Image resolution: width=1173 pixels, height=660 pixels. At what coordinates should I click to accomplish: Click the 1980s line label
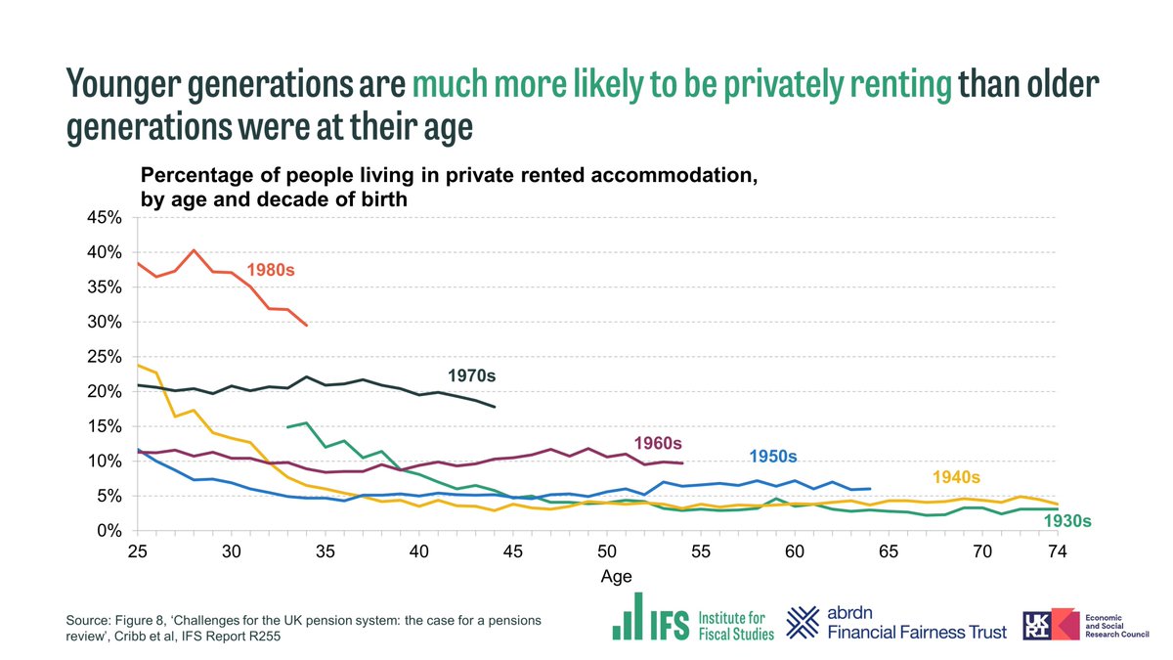(x=271, y=269)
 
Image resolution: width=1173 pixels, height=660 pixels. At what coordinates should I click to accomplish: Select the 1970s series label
(x=472, y=375)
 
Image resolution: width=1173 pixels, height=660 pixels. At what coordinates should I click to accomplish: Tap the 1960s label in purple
(x=659, y=443)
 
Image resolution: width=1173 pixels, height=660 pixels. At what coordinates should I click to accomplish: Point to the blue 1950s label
(x=773, y=457)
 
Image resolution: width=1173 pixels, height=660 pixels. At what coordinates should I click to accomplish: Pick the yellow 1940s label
(x=955, y=477)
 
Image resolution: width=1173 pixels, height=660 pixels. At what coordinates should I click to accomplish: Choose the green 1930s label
(x=1065, y=521)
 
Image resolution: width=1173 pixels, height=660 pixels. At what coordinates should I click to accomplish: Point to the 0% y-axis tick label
(x=108, y=531)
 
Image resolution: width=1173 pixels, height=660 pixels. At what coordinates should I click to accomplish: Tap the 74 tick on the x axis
(x=1056, y=551)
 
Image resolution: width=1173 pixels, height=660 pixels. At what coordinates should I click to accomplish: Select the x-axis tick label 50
(x=606, y=551)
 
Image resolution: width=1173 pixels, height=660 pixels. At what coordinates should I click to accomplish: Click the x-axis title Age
(x=616, y=577)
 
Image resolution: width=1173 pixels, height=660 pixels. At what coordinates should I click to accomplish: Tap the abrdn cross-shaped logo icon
(x=805, y=620)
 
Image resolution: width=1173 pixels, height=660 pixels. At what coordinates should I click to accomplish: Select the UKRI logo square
(x=1041, y=623)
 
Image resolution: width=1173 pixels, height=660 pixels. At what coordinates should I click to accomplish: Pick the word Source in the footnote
(x=89, y=621)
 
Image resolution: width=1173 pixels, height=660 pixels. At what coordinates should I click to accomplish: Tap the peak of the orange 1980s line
(x=194, y=250)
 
